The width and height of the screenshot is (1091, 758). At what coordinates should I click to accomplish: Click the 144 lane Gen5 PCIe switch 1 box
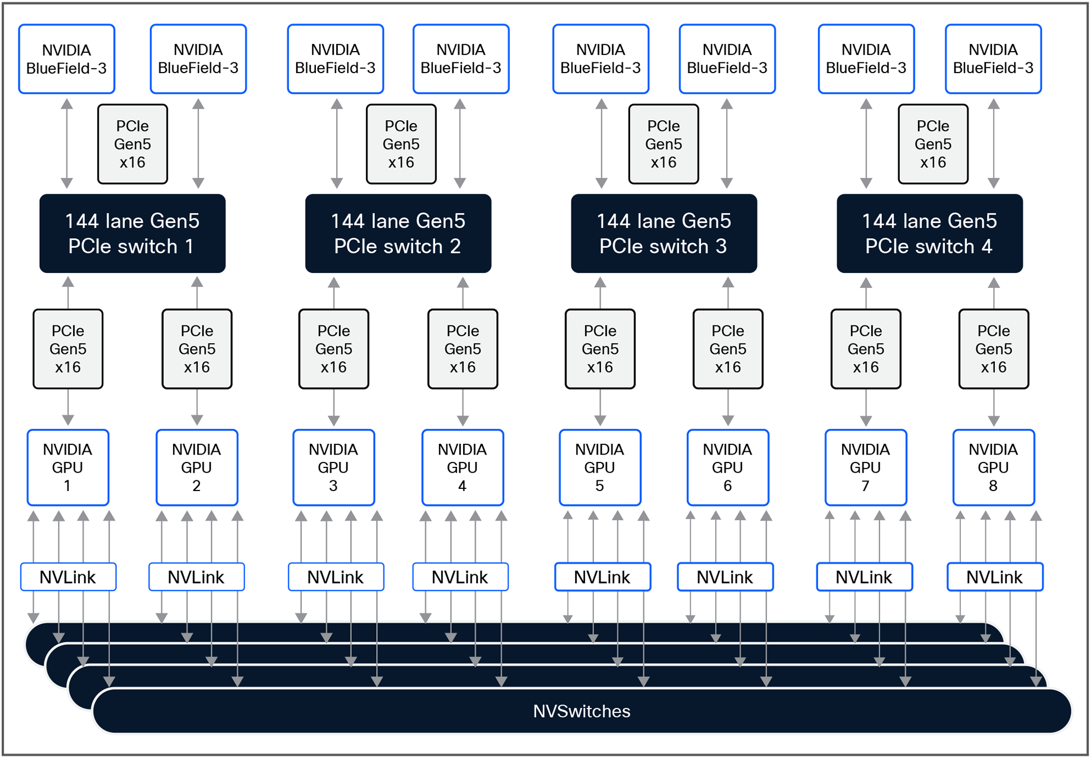[132, 233]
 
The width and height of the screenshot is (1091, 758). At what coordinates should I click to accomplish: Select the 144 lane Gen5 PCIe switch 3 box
[663, 233]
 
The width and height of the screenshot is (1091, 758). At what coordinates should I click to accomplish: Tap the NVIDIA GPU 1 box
[67, 467]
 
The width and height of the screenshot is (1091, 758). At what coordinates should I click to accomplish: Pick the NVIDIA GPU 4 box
[462, 467]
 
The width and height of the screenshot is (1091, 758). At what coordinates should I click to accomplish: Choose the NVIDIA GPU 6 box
[727, 467]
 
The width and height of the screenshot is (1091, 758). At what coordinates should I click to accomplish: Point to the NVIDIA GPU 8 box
[993, 467]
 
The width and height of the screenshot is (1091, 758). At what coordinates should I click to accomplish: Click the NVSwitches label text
[581, 711]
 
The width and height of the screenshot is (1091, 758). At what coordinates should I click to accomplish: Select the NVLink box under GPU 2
[196, 577]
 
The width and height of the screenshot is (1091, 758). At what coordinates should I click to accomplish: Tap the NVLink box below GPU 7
[864, 577]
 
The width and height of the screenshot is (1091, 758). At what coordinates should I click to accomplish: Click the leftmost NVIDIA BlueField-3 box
[66, 59]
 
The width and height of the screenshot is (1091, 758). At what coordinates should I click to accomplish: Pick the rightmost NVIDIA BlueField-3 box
[993, 59]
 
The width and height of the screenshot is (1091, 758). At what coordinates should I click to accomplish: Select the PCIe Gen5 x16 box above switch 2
[401, 144]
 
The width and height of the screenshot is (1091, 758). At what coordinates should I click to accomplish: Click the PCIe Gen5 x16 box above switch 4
[932, 144]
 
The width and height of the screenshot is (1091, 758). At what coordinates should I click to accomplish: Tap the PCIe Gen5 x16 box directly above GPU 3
[333, 349]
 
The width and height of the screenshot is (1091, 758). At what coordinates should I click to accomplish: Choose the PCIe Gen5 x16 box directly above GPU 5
[600, 349]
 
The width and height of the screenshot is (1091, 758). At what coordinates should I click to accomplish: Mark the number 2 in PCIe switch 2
[455, 247]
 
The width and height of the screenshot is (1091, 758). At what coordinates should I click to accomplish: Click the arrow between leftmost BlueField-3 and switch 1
[67, 143]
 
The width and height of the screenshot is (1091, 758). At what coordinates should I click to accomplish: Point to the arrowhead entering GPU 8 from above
[994, 421]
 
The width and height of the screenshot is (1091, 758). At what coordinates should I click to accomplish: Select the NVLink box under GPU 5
[602, 577]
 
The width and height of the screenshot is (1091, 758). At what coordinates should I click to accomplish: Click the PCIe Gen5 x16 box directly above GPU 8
[993, 349]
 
